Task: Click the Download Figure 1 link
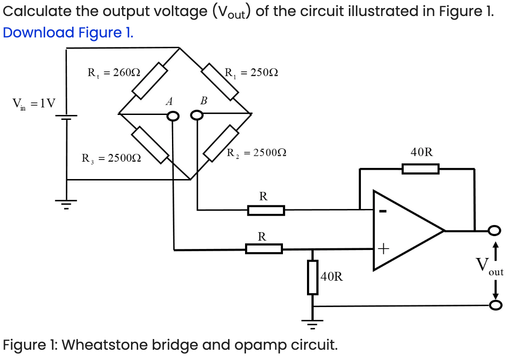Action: coord(67,33)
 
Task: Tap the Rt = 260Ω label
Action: coord(114,72)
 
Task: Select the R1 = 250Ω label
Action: coord(251,72)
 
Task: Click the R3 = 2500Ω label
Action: coord(111,158)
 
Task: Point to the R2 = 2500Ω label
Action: coord(256,153)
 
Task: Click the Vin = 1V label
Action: coord(34,104)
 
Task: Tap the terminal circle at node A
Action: coord(173,116)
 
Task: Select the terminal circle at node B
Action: coord(196,116)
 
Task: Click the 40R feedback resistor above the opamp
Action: coord(420,169)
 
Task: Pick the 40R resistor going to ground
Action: coord(313,278)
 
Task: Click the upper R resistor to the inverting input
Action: coord(266,210)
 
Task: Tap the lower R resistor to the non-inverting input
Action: coord(264,249)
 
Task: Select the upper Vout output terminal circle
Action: coord(494,230)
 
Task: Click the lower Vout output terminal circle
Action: coord(495,305)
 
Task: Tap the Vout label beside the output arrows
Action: coord(488,267)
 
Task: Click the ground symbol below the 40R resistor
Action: coord(313,324)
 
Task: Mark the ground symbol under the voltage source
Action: coord(66,205)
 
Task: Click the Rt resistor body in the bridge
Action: coord(149,80)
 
